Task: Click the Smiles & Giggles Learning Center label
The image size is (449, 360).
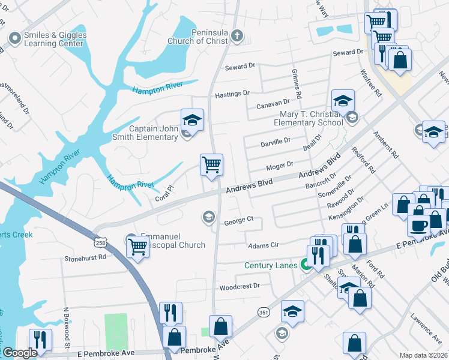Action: point(54,39)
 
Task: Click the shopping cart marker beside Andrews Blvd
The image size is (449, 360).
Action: point(211,164)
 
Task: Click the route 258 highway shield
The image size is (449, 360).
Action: point(100,242)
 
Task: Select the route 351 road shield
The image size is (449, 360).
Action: point(264,311)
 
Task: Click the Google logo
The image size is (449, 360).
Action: point(20,353)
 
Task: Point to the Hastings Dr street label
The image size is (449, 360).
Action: point(232,94)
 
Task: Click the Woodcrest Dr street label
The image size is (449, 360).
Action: point(240,286)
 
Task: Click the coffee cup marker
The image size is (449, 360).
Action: point(418,225)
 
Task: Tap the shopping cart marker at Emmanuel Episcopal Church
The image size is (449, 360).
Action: point(138,245)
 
